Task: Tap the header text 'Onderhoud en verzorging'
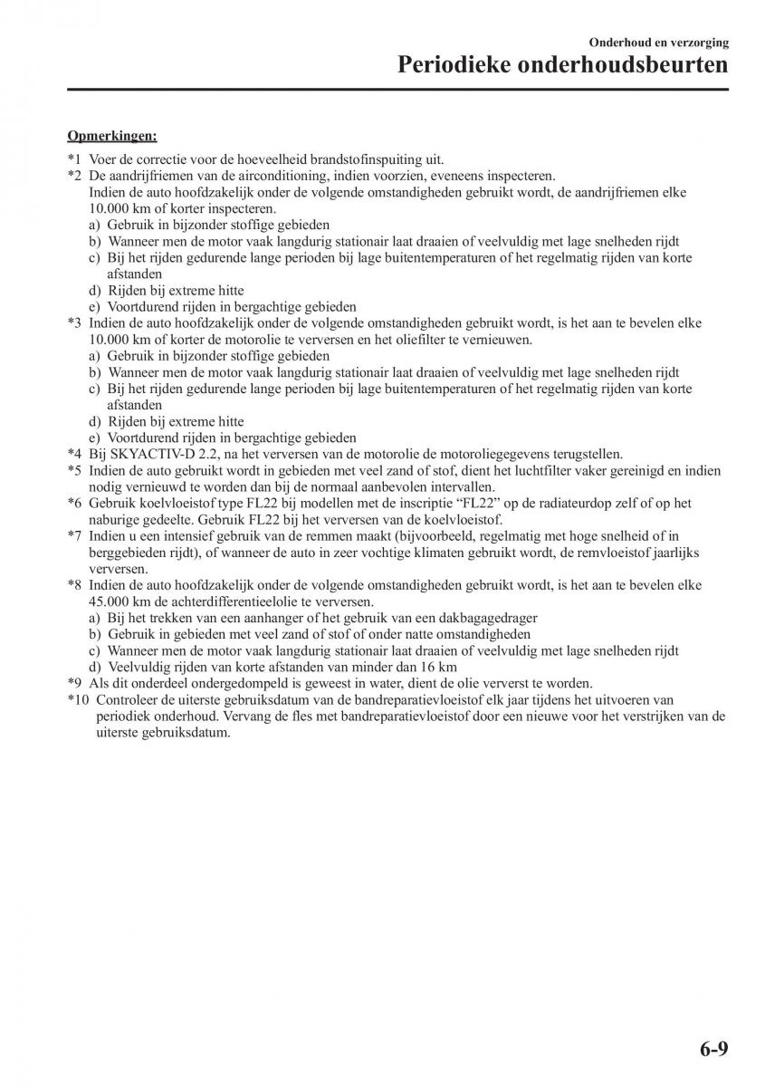[658, 42]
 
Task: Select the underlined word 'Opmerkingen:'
[112, 136]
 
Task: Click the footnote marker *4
[74, 454]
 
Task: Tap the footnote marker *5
[74, 470]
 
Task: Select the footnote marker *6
[74, 504]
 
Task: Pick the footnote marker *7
[74, 536]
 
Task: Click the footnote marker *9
[74, 684]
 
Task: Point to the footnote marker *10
[78, 700]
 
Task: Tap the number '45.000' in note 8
[109, 601]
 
